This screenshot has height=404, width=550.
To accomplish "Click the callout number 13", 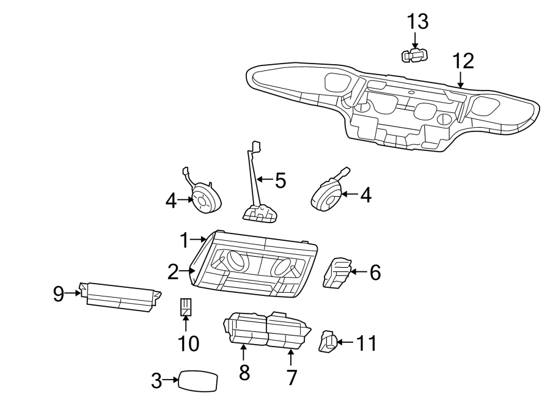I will coord(418,22).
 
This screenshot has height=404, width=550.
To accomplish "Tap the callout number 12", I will coord(463,61).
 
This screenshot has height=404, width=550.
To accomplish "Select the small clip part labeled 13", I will coord(414,56).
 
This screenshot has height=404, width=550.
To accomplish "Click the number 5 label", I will coord(280,180).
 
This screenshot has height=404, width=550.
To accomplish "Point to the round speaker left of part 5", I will coord(205,200).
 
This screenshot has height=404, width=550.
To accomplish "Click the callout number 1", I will coord(185,241).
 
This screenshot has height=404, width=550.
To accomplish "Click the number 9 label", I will coord(58,295).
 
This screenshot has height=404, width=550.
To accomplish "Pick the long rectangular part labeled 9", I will coord(120,297).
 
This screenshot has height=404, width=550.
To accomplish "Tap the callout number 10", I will coord(189,343).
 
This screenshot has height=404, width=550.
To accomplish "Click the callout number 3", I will coord(156,381).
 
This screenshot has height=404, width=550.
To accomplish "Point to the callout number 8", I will coord(244,372).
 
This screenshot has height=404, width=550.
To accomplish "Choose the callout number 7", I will coord(291,377).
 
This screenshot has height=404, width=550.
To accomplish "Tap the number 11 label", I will coord(365,343).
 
